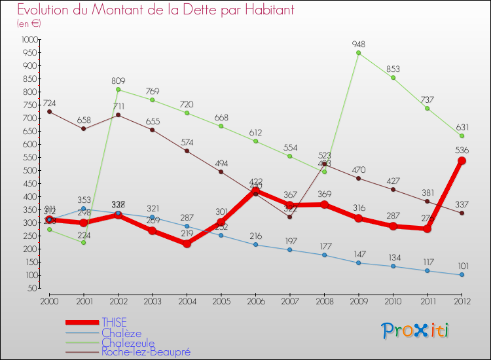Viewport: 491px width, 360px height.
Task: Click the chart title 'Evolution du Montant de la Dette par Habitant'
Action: (155, 10)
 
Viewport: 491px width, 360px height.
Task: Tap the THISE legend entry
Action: (114, 322)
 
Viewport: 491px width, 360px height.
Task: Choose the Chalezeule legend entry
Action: (128, 342)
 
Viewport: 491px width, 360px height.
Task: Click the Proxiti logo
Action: (416, 331)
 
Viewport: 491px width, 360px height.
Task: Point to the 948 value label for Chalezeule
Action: (357, 45)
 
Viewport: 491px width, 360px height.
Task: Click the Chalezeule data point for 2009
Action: (358, 53)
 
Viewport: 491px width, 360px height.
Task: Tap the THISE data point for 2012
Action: (462, 160)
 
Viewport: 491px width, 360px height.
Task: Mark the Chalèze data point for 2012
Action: (462, 275)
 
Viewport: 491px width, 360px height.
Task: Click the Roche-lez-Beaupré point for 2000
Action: (50, 111)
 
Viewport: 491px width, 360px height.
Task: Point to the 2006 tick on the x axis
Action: (255, 301)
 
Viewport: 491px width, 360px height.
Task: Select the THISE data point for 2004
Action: (187, 243)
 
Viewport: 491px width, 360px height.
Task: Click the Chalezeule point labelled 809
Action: (118, 90)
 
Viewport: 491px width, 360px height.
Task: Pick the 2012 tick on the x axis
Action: (462, 301)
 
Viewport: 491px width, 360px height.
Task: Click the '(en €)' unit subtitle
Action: (29, 24)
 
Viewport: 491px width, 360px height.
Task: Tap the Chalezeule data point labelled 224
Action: (84, 242)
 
